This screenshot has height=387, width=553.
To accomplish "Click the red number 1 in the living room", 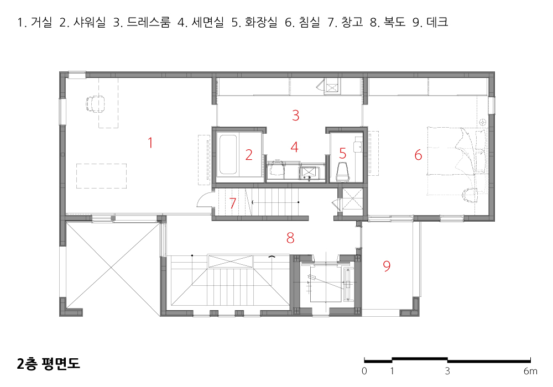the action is (150, 143).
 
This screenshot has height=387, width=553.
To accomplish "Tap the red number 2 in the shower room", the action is (249, 155).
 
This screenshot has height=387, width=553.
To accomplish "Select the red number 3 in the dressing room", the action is (296, 115).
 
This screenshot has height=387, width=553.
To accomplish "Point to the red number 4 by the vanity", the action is (295, 147).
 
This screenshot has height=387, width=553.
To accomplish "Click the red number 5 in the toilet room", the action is (342, 153).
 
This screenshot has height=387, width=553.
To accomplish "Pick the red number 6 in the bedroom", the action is (418, 155).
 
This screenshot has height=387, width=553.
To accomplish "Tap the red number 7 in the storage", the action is (232, 203).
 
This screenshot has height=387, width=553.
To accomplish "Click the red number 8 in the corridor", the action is (290, 238).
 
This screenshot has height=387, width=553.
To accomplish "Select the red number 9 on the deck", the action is (387, 266).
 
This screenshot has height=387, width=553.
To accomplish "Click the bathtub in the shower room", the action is (228, 155).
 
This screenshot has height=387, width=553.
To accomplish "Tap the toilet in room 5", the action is (342, 171).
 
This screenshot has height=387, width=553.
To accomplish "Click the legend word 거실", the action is (41, 22).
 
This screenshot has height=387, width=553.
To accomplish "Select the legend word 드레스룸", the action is (148, 22).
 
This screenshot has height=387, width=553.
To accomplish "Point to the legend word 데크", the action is (437, 22).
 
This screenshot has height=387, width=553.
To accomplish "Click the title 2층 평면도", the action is (48, 363).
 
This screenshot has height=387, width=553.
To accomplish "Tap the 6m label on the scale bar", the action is (530, 371).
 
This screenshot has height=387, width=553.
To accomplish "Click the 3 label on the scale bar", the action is (447, 371).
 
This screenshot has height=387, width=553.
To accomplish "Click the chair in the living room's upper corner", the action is (95, 103).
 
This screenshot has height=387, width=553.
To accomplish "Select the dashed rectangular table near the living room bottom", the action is (102, 176).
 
